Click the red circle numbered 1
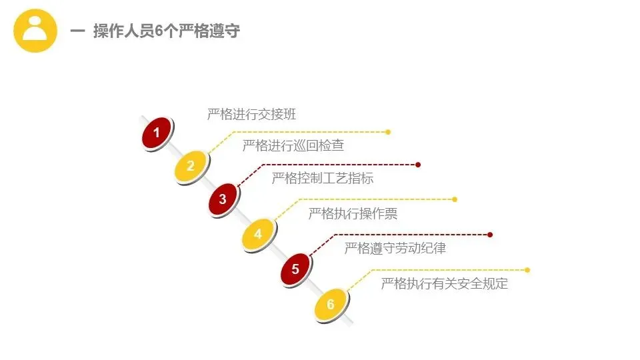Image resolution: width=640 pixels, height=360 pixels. click(x=157, y=133)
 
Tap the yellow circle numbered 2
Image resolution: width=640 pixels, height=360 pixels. click(x=191, y=166)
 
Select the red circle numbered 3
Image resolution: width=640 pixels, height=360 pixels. click(x=223, y=199)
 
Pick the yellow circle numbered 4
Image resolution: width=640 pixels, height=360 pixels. click(x=258, y=234)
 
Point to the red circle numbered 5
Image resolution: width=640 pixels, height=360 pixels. click(x=296, y=270)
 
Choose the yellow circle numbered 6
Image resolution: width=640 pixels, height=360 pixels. click(x=331, y=305)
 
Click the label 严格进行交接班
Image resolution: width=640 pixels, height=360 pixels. click(x=251, y=114)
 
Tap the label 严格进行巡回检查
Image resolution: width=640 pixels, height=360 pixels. click(x=293, y=145)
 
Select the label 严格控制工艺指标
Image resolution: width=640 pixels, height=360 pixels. click(x=323, y=178)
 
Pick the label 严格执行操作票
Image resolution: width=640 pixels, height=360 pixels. click(x=353, y=213)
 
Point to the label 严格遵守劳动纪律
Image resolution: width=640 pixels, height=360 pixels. click(x=395, y=249)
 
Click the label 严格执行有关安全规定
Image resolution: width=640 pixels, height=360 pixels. click(x=444, y=283)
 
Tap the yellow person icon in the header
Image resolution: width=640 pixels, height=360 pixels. click(x=36, y=31)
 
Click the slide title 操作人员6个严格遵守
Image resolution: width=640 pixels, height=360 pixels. click(x=166, y=31)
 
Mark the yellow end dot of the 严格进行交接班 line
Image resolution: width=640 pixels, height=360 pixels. click(x=389, y=132)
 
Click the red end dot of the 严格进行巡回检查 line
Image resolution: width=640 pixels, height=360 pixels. click(x=418, y=164)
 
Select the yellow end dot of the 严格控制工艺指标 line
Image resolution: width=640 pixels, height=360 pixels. click(x=455, y=199)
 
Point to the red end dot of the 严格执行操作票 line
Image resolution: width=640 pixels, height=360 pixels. click(x=490, y=235)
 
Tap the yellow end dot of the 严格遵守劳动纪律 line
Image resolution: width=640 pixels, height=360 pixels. click(x=527, y=270)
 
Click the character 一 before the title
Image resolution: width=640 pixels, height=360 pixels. click(x=77, y=31)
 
